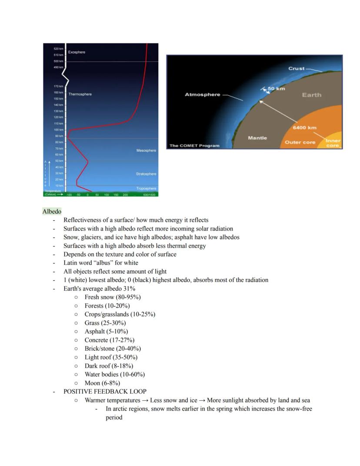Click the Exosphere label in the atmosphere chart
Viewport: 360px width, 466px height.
point(77,52)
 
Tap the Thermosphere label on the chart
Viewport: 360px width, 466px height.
point(80,94)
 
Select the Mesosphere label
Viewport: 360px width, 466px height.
point(146,151)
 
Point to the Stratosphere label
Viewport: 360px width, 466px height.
point(146,174)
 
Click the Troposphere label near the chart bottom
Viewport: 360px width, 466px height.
point(146,188)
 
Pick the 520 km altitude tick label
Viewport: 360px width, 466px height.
point(59,49)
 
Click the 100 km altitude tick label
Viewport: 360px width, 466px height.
point(59,130)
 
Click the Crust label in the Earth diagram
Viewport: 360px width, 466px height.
point(297,69)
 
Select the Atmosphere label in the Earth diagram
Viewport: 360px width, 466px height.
point(202,94)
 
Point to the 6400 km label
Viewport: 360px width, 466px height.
point(304,127)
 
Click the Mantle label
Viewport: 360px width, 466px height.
point(257,138)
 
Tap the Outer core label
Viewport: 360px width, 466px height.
point(300,142)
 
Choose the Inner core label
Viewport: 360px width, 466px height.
point(333,143)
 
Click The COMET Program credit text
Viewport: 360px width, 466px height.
point(194,145)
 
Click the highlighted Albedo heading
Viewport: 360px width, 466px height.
point(52,211)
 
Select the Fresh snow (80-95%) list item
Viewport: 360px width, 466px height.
point(113,297)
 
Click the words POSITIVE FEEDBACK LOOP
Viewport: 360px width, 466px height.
point(105,392)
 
